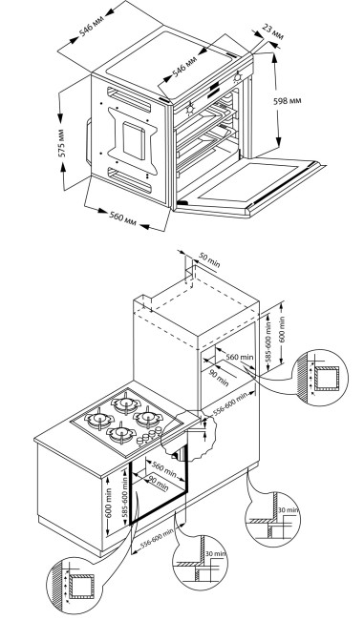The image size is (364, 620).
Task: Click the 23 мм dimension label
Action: tap(272, 31)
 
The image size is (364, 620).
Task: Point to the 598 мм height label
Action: tap(288, 101)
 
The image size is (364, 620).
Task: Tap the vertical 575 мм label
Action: tap(63, 143)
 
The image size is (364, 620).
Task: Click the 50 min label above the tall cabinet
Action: tap(208, 261)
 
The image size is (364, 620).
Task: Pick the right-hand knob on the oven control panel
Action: tap(238, 76)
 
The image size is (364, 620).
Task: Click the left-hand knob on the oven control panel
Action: tap(190, 108)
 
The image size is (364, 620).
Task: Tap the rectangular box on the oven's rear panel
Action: tap(134, 141)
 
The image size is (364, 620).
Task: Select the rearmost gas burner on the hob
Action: tap(126, 403)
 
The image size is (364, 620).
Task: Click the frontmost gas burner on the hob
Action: tap(122, 434)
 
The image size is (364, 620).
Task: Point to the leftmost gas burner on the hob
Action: tap(98, 419)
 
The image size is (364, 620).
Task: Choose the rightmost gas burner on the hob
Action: tap(147, 418)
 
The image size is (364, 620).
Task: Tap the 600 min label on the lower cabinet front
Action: tap(109, 503)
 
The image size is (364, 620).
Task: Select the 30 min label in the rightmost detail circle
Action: tap(288, 510)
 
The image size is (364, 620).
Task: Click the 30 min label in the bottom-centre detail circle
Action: tap(216, 553)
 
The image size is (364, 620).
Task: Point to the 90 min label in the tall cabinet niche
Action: tap(218, 378)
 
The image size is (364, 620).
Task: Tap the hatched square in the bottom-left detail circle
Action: tap(82, 587)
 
